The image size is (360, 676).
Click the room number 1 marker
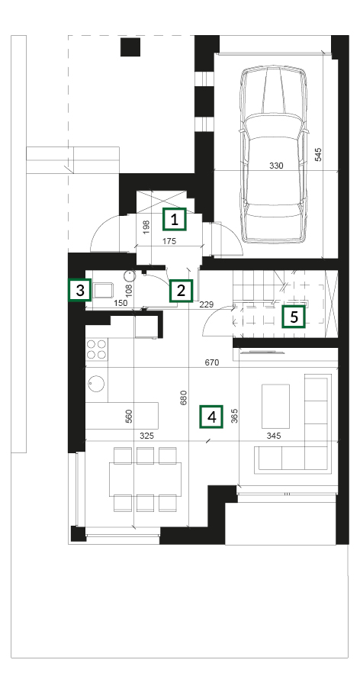pyautogui.click(x=174, y=220)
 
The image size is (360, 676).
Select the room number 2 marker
pyautogui.click(x=181, y=291)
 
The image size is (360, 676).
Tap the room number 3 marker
pyautogui.click(x=80, y=290)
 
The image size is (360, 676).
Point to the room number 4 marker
pyautogui.click(x=211, y=417)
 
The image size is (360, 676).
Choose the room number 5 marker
pyautogui.click(x=294, y=317)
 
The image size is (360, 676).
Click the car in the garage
pyautogui.click(x=275, y=154)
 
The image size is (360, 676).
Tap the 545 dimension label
pyautogui.click(x=318, y=154)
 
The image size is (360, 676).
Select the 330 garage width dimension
pyautogui.click(x=276, y=165)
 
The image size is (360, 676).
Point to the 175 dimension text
pyautogui.click(x=169, y=241)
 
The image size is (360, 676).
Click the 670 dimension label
pyautogui.click(x=212, y=362)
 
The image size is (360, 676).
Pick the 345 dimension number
pyautogui.click(x=273, y=436)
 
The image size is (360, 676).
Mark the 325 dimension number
pyautogui.click(x=146, y=436)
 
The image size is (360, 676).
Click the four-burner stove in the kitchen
pyautogui.click(x=97, y=349)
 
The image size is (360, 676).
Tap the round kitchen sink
pyautogui.click(x=96, y=383)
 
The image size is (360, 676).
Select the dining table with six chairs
pyautogui.click(x=145, y=479)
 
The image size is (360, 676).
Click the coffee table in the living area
pyautogui.click(x=275, y=406)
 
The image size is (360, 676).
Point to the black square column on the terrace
pyautogui.click(x=130, y=47)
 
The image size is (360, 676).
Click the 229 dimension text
pyautogui.click(x=207, y=304)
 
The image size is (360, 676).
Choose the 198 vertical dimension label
pyautogui.click(x=146, y=227)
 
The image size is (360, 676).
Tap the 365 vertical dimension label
pyautogui.click(x=235, y=415)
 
